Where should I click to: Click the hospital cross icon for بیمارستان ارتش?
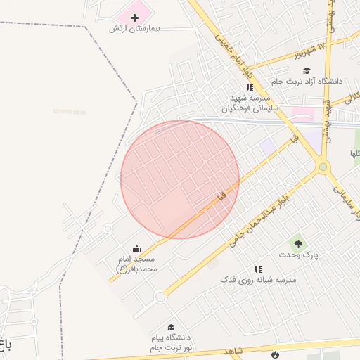point(134,16)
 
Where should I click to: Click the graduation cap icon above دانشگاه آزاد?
point(307,70)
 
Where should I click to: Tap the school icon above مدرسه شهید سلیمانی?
point(250,87)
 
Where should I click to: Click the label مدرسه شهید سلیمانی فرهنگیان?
point(250,103)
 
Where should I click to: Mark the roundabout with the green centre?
point(323,167)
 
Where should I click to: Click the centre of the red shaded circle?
point(180,179)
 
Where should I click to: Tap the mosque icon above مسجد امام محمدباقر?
point(136,248)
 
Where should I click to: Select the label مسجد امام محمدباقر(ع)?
point(137,264)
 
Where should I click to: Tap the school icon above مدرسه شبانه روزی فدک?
point(258,269)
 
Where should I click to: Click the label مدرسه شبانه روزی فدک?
point(258,280)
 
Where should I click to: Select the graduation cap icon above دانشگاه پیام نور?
point(170,327)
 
